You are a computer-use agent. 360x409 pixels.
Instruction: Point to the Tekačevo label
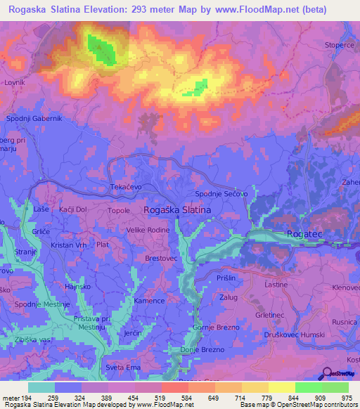[127, 188]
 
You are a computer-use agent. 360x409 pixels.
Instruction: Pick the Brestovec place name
[161, 258]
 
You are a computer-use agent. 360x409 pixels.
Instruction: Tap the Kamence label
[149, 301]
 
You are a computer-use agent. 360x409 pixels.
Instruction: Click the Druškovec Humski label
[316, 335]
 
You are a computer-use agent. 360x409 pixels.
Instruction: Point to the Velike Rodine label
[148, 230]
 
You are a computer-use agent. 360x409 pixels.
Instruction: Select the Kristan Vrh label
[68, 245]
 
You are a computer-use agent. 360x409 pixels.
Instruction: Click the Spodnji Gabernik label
[34, 119]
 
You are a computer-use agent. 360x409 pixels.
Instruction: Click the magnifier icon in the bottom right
[328, 373]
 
